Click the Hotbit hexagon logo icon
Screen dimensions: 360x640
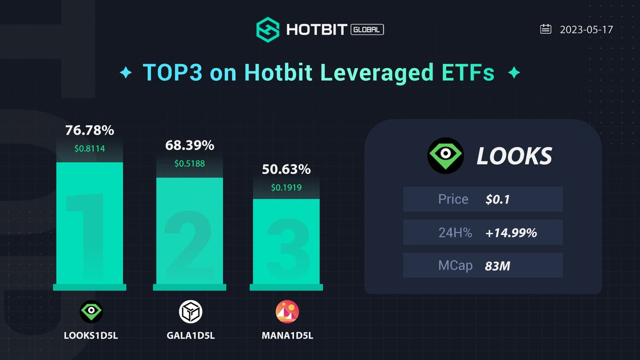tap(268, 29)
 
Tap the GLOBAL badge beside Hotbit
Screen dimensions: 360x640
tap(367, 30)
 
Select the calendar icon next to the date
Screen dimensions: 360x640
tap(546, 29)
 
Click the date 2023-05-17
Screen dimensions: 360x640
tap(586, 29)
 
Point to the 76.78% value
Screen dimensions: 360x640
tap(90, 130)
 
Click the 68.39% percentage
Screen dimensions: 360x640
tap(189, 145)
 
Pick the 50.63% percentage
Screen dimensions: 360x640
tap(286, 170)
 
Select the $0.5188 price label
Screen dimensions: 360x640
tap(189, 163)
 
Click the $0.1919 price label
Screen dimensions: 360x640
tap(286, 188)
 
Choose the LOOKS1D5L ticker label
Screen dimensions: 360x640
tap(90, 335)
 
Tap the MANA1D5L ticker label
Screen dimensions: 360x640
tap(287, 335)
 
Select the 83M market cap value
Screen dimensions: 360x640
tap(498, 265)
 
